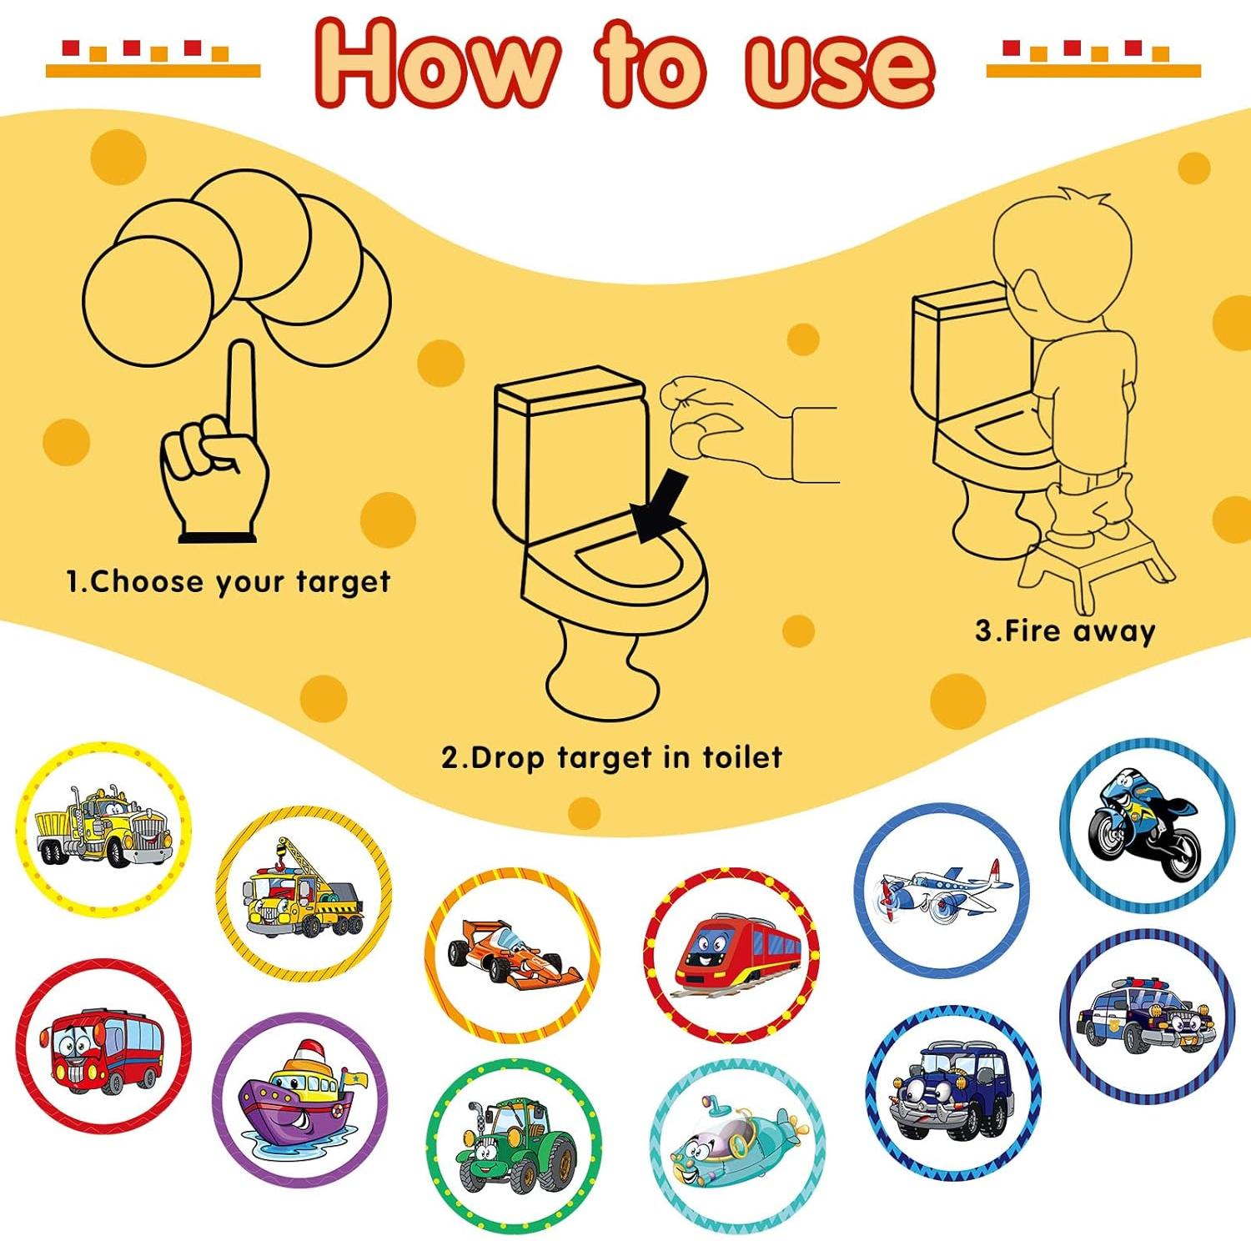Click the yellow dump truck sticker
(103, 829)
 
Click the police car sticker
(1146, 1017)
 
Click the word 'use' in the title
(838, 67)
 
